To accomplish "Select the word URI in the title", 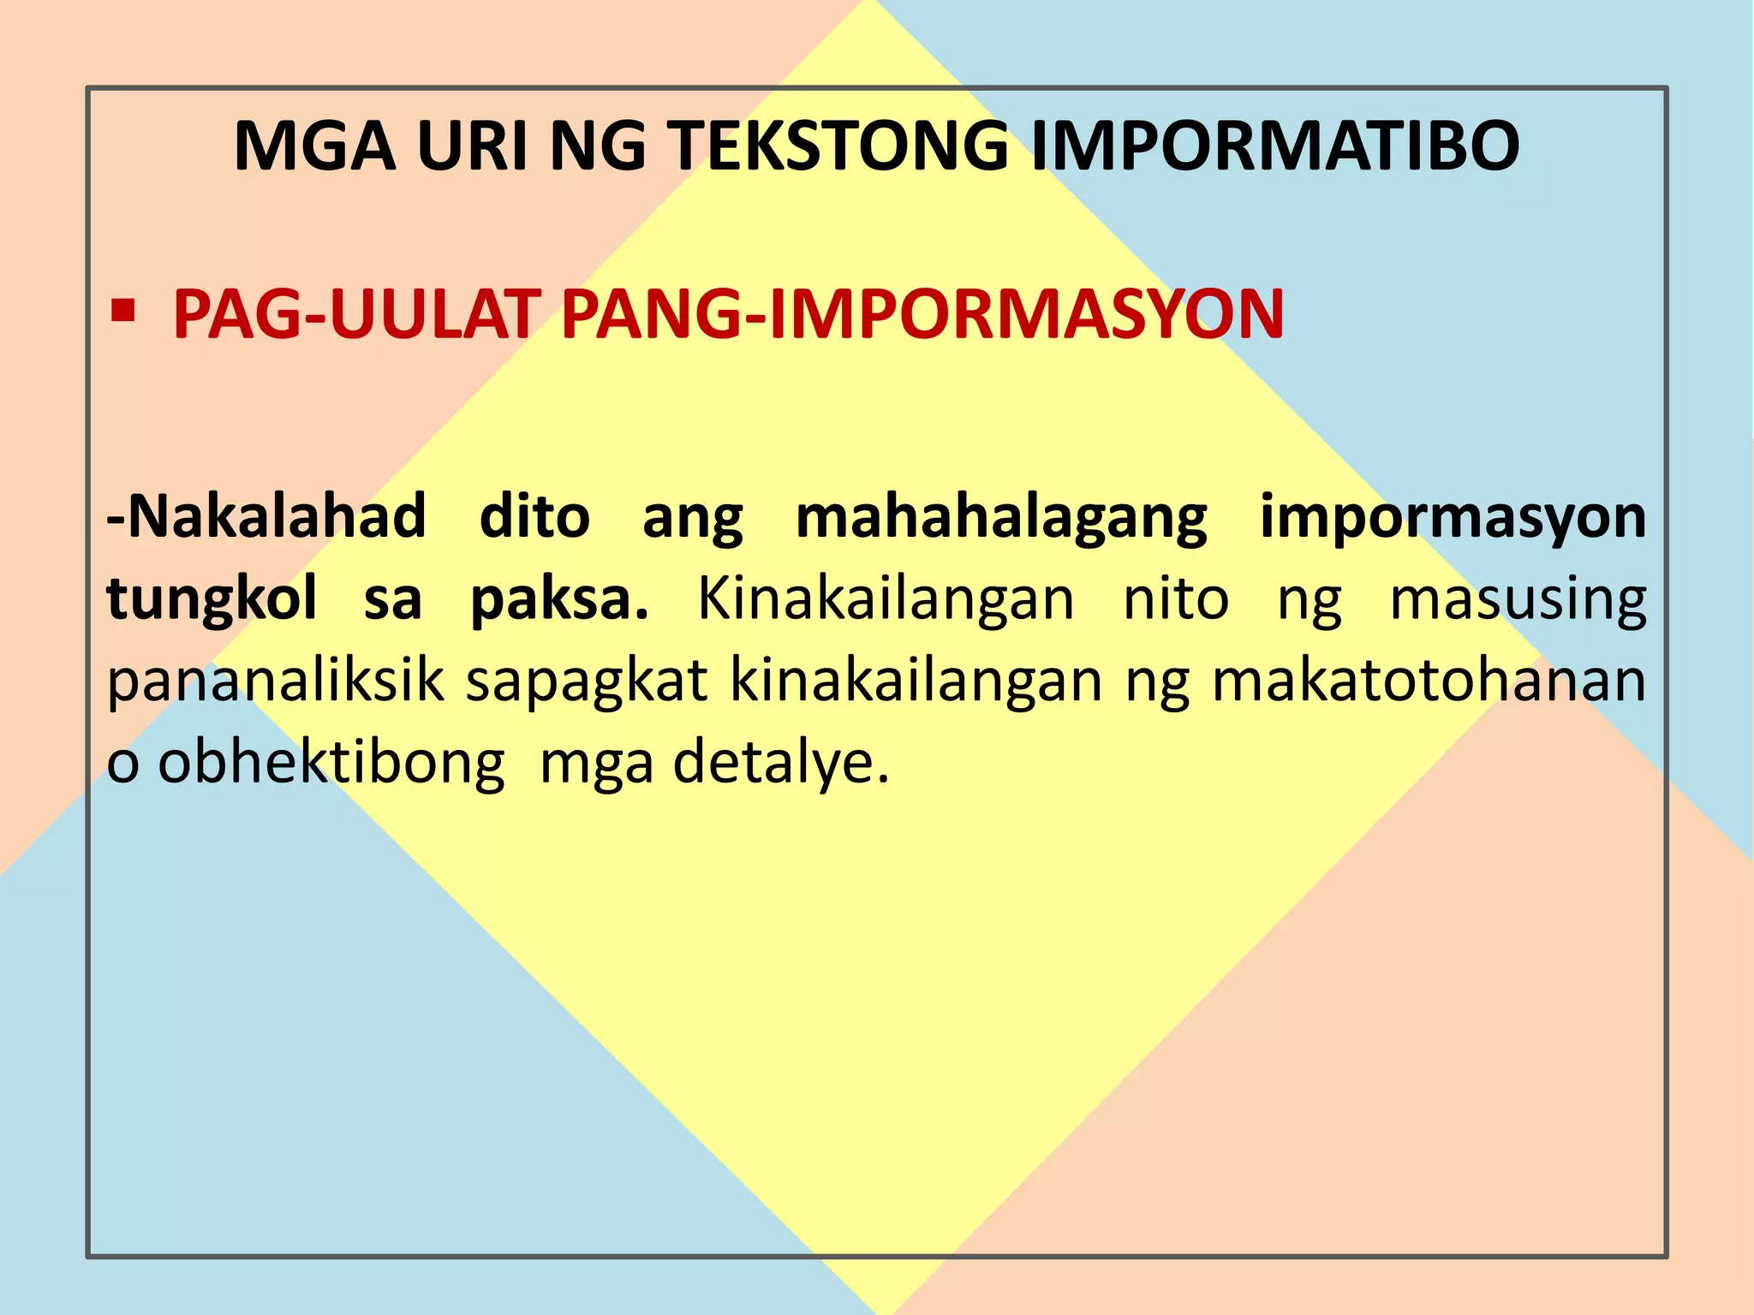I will pyautogui.click(x=473, y=146).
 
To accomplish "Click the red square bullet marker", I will pyautogui.click(x=123, y=311).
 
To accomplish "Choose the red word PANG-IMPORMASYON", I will pyautogui.click(x=922, y=315).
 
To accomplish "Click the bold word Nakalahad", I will pyautogui.click(x=266, y=516).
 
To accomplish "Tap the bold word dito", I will pyautogui.click(x=534, y=516).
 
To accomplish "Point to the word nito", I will pyautogui.click(x=1176, y=598).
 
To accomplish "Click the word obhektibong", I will pyautogui.click(x=331, y=762).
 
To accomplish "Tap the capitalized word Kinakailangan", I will pyautogui.click(x=886, y=598).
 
